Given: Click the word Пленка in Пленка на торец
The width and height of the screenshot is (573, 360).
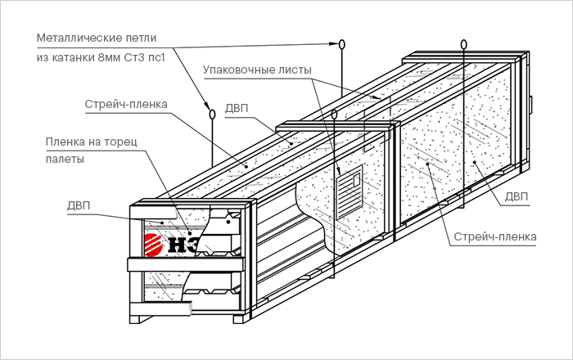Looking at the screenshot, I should pos(66,142).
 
